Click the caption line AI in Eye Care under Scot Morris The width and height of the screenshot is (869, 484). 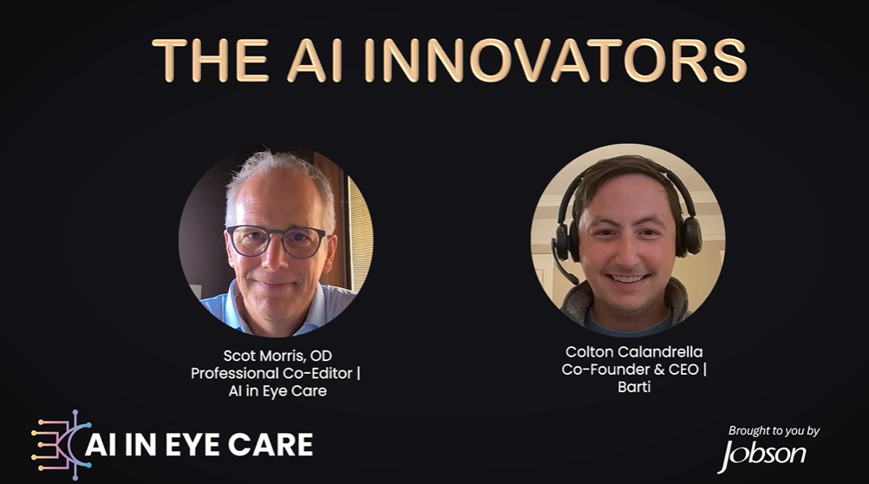click(x=272, y=391)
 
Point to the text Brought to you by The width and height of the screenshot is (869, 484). click(x=774, y=431)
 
